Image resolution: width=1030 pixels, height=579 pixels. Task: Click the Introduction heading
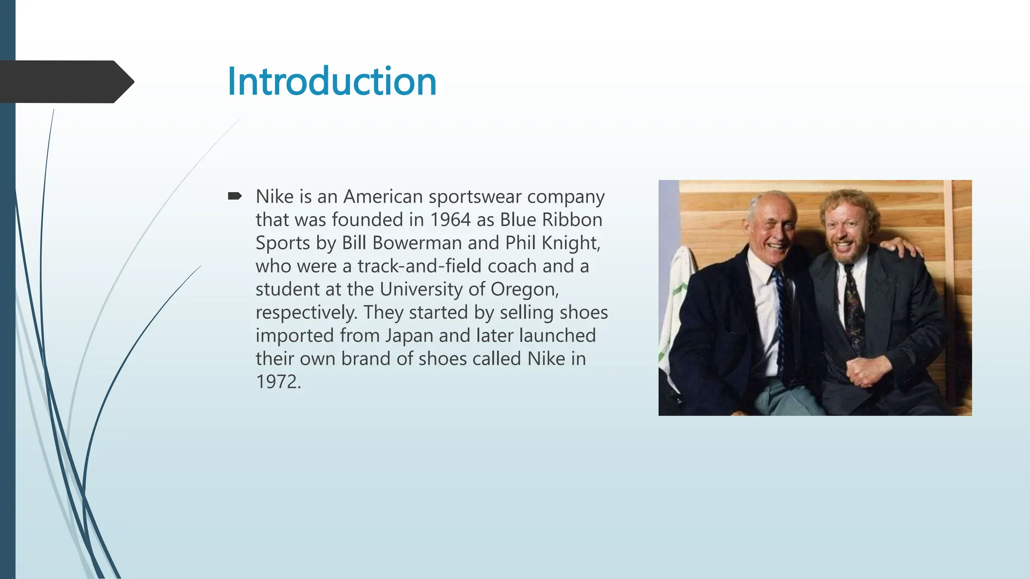click(332, 81)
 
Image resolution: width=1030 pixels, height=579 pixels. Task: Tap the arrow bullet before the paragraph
click(234, 196)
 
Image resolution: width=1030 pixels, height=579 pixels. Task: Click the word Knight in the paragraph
click(570, 243)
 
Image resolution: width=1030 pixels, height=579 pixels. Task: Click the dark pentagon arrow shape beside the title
click(65, 82)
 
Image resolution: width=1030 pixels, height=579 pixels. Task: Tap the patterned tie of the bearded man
click(853, 307)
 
